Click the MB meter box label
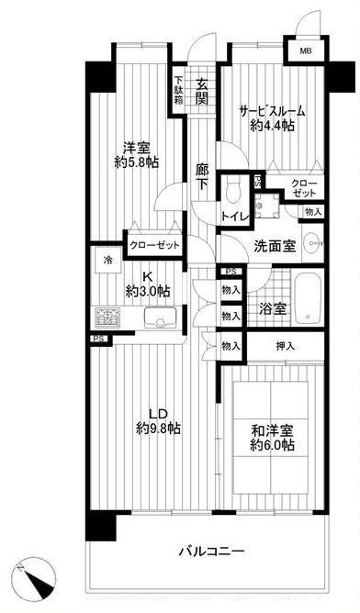tap(306, 51)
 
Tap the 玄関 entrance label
tap(201, 92)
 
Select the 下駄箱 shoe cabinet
tap(178, 89)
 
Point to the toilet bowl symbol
tap(234, 189)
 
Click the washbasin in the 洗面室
tap(312, 243)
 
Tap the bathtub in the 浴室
tap(308, 298)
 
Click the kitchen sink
tap(161, 318)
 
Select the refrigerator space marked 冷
tap(107, 260)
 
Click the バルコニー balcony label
tap(212, 552)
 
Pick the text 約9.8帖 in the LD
tap(158, 428)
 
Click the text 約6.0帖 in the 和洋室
tap(273, 445)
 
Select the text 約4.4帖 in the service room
tap(273, 125)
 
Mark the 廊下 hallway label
tap(202, 176)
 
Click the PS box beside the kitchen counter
tap(98, 339)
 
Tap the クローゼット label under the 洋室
tap(154, 246)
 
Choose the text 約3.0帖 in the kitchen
tap(148, 291)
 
